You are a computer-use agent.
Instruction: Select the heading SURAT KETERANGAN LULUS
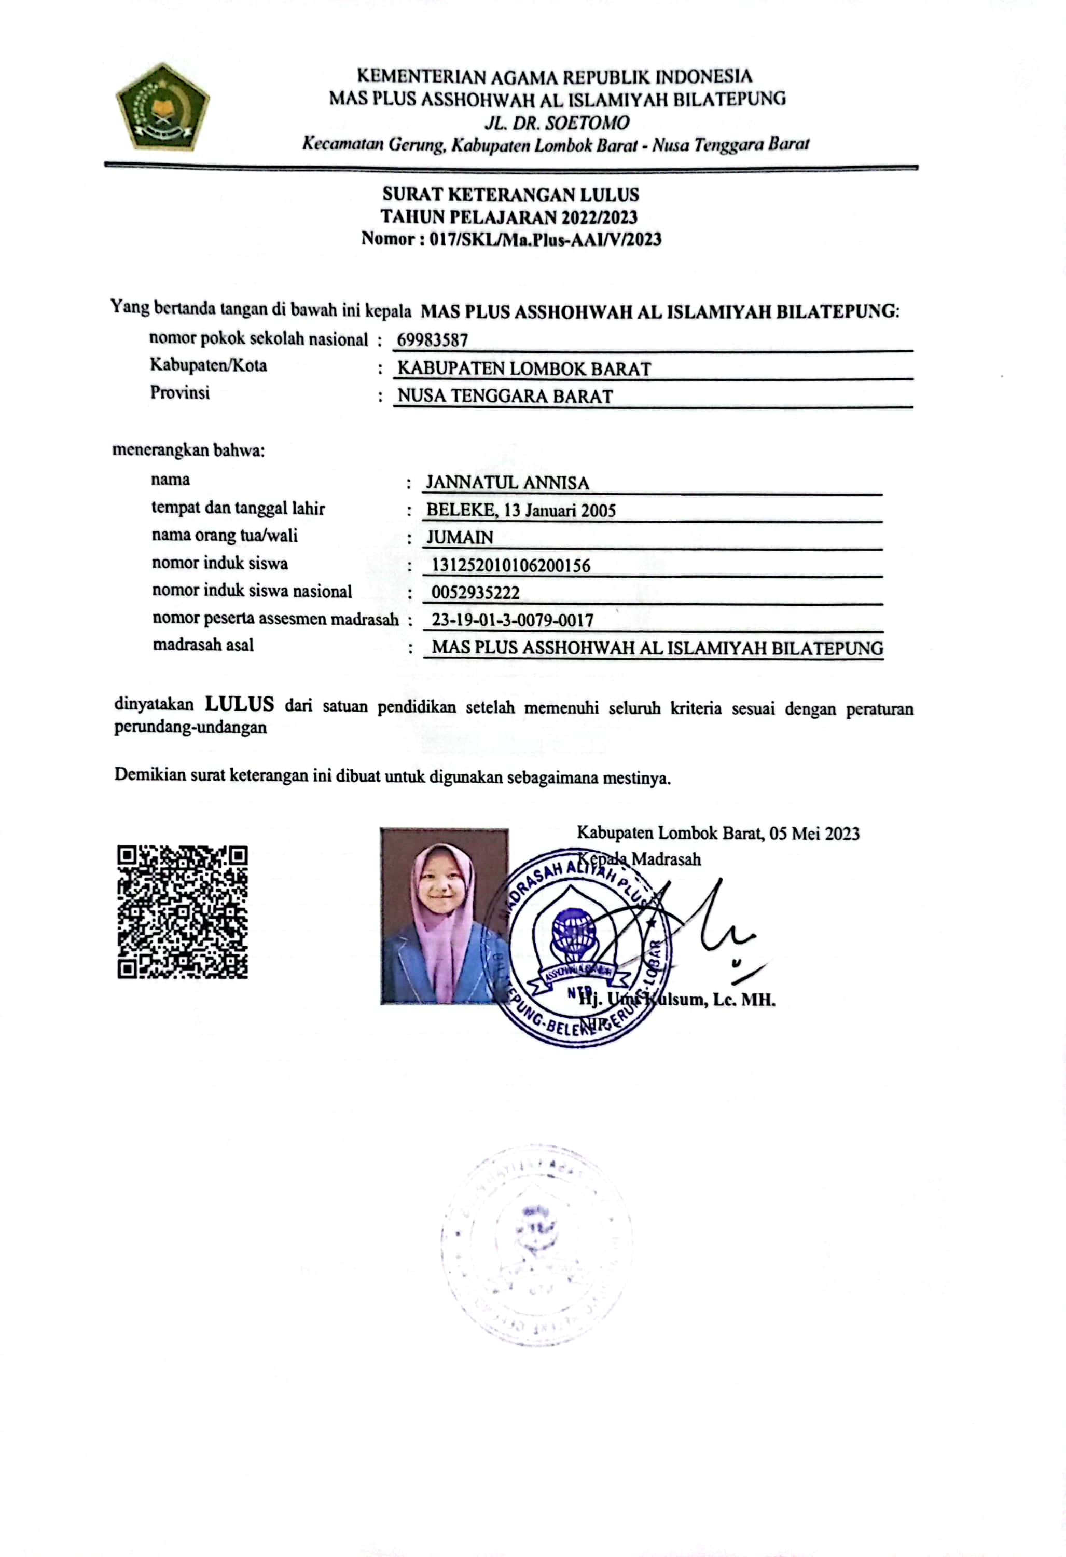coord(510,195)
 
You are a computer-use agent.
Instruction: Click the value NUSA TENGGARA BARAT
coord(505,396)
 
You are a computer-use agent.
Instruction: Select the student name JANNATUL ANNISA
coord(507,483)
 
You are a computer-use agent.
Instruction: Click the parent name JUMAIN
coord(460,537)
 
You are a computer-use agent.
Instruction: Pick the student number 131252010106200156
coord(510,566)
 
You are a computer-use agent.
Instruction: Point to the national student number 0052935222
coord(475,593)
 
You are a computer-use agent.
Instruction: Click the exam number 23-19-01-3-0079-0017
coord(512,620)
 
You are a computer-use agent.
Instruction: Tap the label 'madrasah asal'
coord(203,645)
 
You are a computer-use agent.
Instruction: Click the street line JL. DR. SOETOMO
coord(557,122)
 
